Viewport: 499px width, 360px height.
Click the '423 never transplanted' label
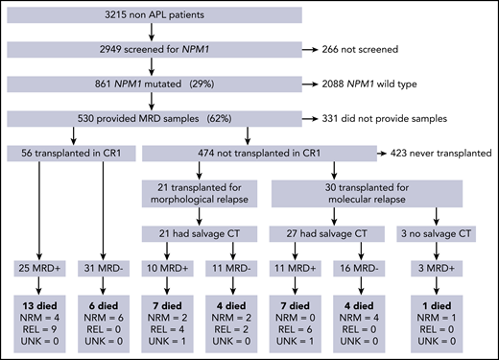pyautogui.click(x=437, y=153)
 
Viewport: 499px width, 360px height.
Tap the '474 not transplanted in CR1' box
pyautogui.click(x=260, y=153)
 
